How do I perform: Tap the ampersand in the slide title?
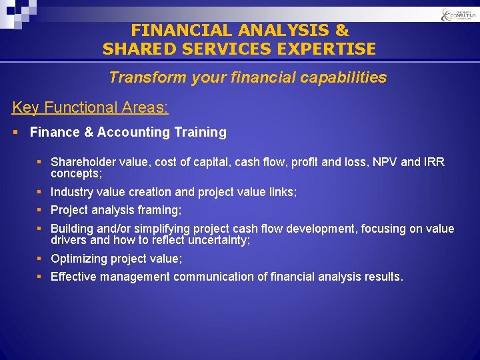coord(341,31)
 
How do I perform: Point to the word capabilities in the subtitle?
coord(347,78)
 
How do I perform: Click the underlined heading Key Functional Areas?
coord(90,107)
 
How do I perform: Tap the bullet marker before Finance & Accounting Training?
coord(16,133)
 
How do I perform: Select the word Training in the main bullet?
coord(200,133)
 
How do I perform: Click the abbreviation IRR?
coord(434,163)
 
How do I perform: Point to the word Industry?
coord(71,192)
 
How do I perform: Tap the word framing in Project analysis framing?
coord(159,211)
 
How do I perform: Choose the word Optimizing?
coord(79,259)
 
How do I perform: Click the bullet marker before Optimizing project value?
coord(39,259)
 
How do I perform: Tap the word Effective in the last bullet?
coord(73,277)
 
